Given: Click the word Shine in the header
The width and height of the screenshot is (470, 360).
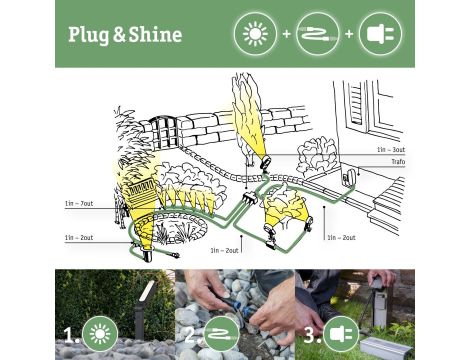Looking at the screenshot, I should click(155, 35).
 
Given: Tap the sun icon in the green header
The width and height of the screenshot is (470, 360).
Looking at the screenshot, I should click(254, 34).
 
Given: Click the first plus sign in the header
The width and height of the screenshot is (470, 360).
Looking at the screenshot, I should click(286, 34).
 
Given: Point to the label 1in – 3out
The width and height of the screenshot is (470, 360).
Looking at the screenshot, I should click(391, 149).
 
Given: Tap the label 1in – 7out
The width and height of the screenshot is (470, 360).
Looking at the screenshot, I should click(78, 204).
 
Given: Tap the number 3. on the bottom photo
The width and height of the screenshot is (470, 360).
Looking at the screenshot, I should click(310, 331).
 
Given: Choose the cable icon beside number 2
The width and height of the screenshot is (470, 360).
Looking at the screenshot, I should click(219, 331).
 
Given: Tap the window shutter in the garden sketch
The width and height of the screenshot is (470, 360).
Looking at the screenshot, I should click(356, 109).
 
